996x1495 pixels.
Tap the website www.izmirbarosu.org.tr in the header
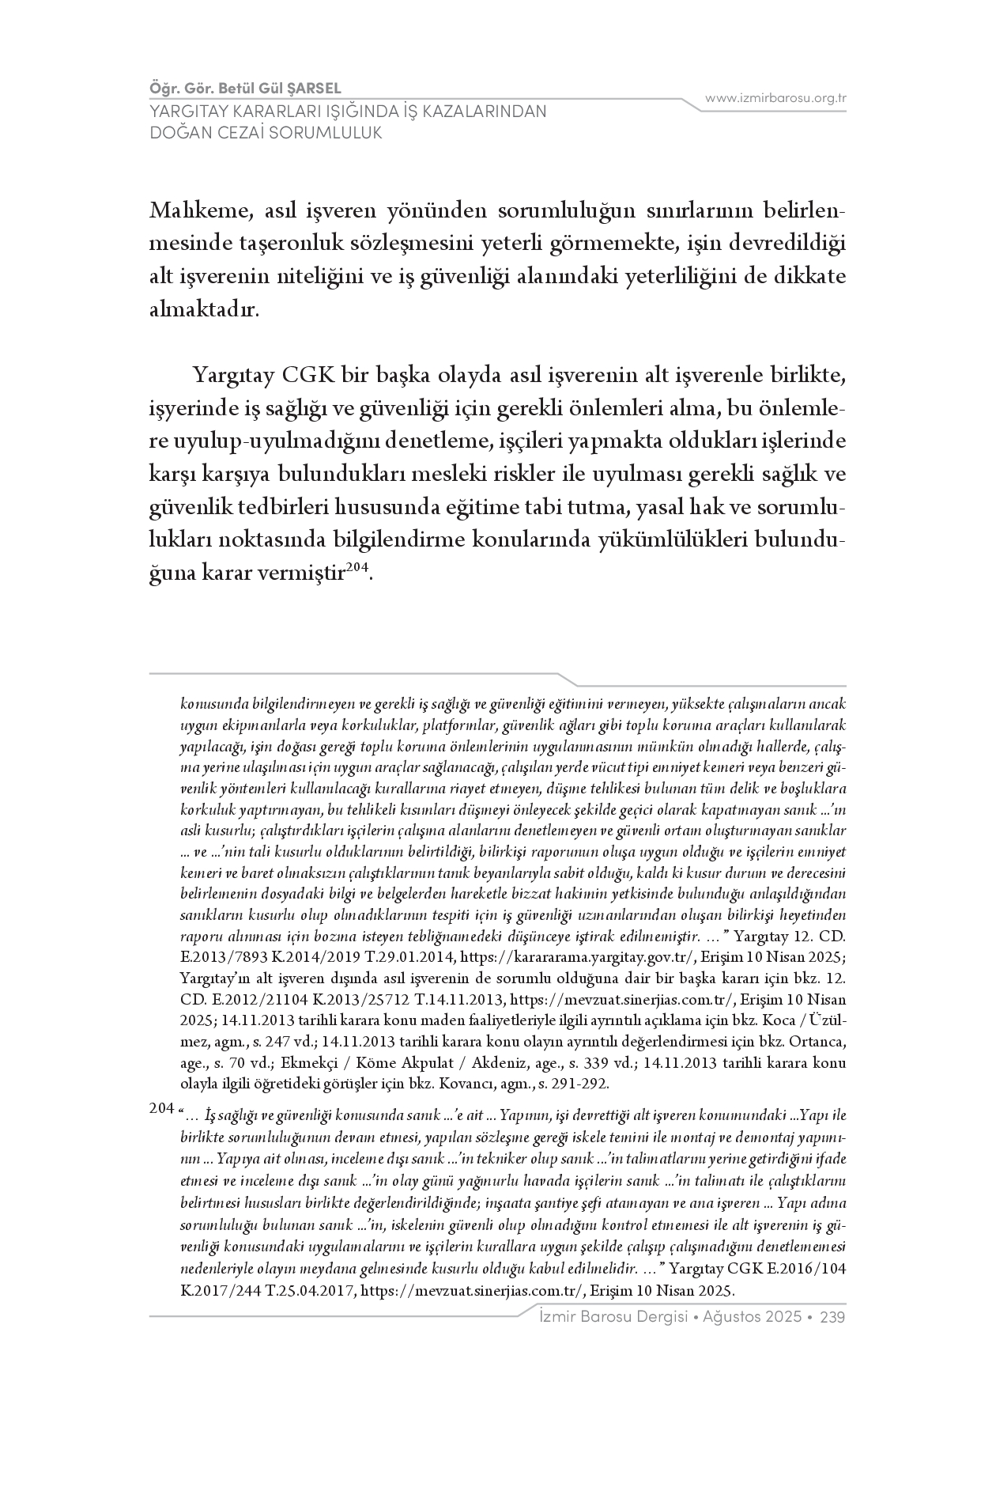point(775,98)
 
